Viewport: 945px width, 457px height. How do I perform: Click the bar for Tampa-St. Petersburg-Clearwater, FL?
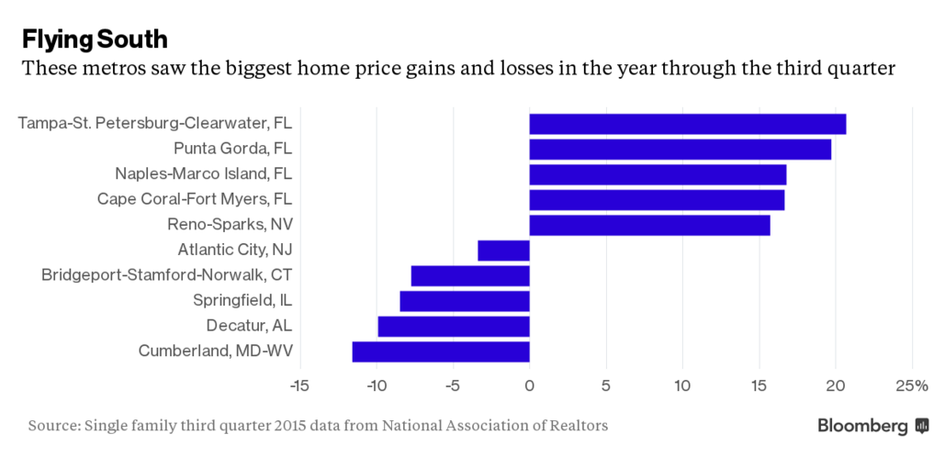pos(687,124)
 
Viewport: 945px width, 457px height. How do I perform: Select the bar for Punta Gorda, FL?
pos(680,149)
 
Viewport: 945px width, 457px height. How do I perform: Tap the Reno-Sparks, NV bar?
pos(649,225)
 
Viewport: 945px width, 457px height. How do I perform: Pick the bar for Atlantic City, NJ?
pos(503,250)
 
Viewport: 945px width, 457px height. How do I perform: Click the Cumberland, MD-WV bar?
pos(441,351)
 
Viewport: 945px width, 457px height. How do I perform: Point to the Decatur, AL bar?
pos(454,326)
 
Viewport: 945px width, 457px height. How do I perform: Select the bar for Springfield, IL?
pos(465,301)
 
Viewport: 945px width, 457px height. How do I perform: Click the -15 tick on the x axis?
pos(299,385)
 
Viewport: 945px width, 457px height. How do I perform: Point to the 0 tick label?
pos(529,385)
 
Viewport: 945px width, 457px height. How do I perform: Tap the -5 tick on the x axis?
pos(452,385)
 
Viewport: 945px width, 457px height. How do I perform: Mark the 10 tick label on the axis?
pos(681,385)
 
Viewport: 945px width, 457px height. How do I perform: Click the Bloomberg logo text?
pos(862,426)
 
